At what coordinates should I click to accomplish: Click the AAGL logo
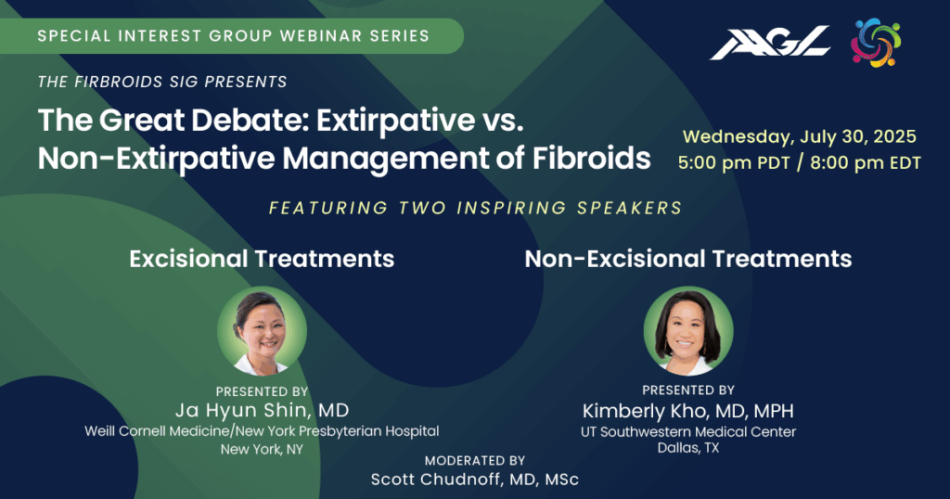[770, 43]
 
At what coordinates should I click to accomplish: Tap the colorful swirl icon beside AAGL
[876, 43]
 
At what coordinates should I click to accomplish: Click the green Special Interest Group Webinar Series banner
[232, 36]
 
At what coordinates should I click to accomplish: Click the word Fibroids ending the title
[591, 158]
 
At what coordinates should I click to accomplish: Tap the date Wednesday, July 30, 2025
[799, 136]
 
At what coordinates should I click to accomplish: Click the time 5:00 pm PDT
[734, 163]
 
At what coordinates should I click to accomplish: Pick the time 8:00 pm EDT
[866, 163]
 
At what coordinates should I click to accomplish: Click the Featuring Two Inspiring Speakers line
[476, 209]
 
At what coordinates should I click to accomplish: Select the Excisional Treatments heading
[262, 259]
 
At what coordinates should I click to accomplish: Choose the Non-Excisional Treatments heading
[688, 259]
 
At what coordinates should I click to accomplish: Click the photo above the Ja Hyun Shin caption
[262, 330]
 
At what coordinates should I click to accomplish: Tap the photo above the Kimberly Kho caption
[688, 330]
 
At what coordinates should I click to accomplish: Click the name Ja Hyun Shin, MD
[262, 411]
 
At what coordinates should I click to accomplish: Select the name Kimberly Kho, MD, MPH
[688, 411]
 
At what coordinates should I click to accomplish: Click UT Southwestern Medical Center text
[688, 432]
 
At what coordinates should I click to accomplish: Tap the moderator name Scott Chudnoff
[438, 480]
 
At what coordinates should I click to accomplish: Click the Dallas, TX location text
[688, 448]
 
